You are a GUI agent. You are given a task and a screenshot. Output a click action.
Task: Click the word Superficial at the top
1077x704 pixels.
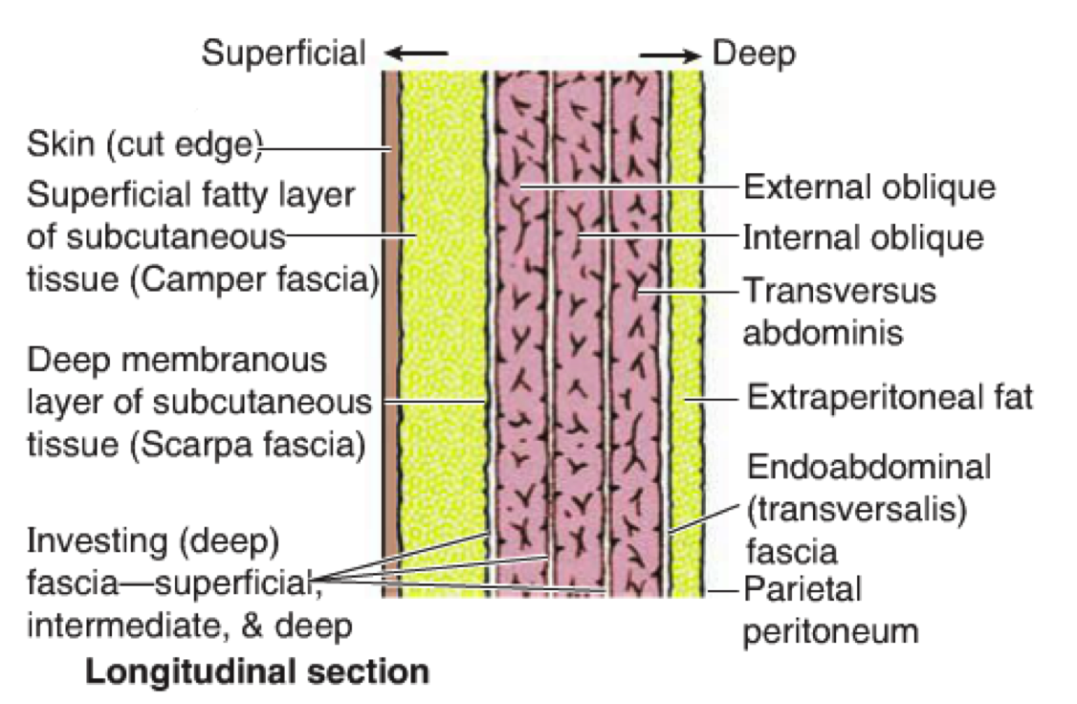[x=283, y=55]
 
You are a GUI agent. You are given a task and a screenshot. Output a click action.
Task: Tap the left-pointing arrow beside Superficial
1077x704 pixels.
[x=417, y=52]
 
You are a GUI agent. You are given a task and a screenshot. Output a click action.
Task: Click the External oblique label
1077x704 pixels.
[x=869, y=187]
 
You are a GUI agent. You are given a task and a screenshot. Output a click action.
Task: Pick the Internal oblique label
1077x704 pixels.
[x=864, y=236]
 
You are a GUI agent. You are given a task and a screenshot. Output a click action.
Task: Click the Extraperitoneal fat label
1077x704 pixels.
[x=890, y=396]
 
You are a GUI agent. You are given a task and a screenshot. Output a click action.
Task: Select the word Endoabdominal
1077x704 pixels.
[x=868, y=468]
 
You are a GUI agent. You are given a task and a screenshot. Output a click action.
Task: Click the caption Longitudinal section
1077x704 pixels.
[x=257, y=671]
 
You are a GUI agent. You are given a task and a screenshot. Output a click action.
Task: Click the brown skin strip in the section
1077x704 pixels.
[x=389, y=335]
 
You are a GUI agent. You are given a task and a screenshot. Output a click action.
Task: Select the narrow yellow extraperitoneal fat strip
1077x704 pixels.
[x=686, y=335]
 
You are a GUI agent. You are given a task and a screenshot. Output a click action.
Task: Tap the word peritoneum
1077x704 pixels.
[x=832, y=631]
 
